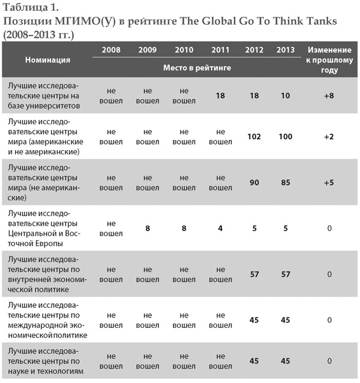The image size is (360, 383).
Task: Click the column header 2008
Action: pos(110,50)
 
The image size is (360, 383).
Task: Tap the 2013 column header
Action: pos(285,50)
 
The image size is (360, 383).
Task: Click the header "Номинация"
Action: pos(47,59)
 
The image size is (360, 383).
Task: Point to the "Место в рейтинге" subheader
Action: pos(197,67)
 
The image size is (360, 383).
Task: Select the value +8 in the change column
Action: pos(329,95)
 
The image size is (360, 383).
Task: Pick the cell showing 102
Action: pos(254,137)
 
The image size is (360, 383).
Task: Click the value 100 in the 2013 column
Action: pos(285,137)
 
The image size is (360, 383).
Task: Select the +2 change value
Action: pos(329,137)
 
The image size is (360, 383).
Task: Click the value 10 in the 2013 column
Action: pos(285,95)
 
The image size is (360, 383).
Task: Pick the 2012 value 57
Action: pos(254,274)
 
